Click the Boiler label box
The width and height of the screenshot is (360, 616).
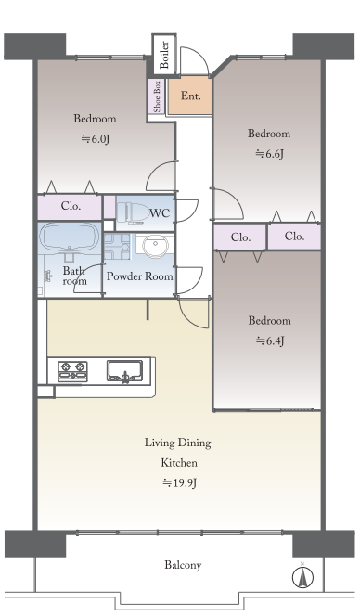[x=164, y=54]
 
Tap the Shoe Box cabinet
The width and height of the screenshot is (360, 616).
[x=157, y=96]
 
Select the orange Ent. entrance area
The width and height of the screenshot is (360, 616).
[x=190, y=96]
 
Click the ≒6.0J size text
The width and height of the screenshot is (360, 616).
[x=95, y=139]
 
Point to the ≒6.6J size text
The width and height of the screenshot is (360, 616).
[x=269, y=154]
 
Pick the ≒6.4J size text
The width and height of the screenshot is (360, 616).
[x=270, y=340]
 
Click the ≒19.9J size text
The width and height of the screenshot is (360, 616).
[x=179, y=482]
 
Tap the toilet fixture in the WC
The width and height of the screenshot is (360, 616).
[x=131, y=213]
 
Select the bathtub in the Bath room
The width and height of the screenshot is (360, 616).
[x=70, y=238]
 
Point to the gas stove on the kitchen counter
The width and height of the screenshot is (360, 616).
[x=72, y=371]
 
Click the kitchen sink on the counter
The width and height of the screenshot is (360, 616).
[x=124, y=371]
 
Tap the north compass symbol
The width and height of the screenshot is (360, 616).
[x=302, y=577]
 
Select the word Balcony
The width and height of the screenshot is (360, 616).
[x=183, y=565]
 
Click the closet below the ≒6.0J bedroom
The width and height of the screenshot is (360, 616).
[x=70, y=207]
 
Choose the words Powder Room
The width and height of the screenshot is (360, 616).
[x=140, y=276]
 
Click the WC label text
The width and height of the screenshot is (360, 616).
[x=160, y=213]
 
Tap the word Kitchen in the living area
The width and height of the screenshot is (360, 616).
[x=179, y=462]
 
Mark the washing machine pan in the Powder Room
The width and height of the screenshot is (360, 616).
[x=117, y=247]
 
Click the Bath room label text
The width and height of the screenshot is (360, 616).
[x=74, y=276]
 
